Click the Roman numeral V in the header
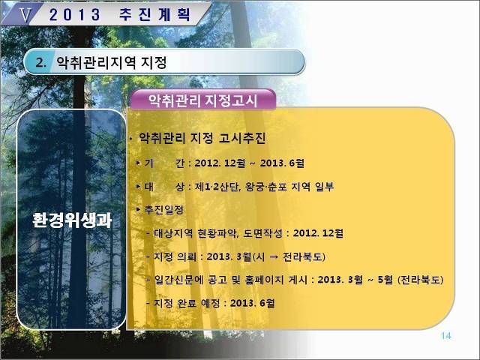25,14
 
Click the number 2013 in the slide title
75,15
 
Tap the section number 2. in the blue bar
41,63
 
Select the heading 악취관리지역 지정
112,63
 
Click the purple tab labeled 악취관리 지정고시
203,100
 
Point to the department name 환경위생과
72,220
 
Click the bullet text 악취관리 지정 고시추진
202,138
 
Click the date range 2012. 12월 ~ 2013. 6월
250,163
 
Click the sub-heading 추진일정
163,210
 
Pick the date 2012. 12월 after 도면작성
318,233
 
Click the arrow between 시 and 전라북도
274,256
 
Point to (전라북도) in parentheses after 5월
420,280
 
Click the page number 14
446,336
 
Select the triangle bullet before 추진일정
139,209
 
